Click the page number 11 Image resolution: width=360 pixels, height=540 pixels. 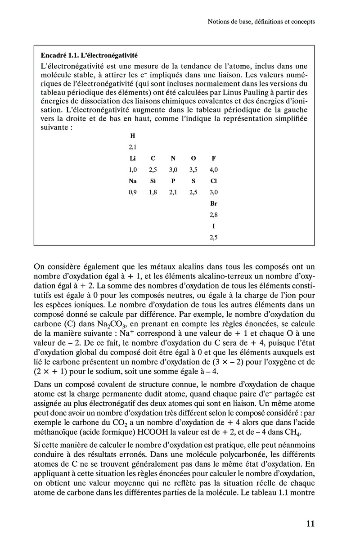pos(310,523)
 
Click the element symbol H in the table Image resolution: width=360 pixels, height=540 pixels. pos(132,135)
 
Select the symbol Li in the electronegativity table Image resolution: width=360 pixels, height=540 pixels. pos(132,158)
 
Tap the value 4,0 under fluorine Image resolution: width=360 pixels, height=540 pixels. pos(213,170)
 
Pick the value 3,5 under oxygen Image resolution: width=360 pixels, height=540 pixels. pos(193,170)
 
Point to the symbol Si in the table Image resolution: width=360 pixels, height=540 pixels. pos(153,181)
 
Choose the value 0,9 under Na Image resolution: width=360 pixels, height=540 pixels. pos(132,193)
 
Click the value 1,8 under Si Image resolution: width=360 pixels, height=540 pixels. pos(153,193)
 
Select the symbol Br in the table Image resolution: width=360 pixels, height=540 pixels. pos(213,204)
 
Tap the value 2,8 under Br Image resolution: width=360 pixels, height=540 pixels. pos(213,216)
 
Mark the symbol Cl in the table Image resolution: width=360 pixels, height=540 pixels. pos(213,181)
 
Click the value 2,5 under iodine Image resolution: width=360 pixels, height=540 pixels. pos(213,238)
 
